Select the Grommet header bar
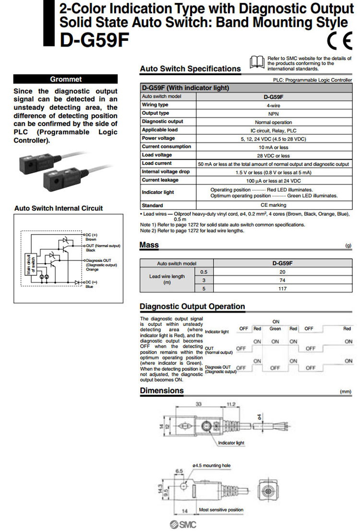coord(66,79)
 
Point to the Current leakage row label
coord(160,180)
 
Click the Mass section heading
coord(149,245)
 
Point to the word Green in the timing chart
coord(275,329)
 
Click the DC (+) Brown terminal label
coord(91,236)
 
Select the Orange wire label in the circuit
coord(93,270)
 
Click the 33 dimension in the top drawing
coord(198,404)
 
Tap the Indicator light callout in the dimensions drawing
coord(231,443)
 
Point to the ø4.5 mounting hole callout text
coord(211,465)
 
